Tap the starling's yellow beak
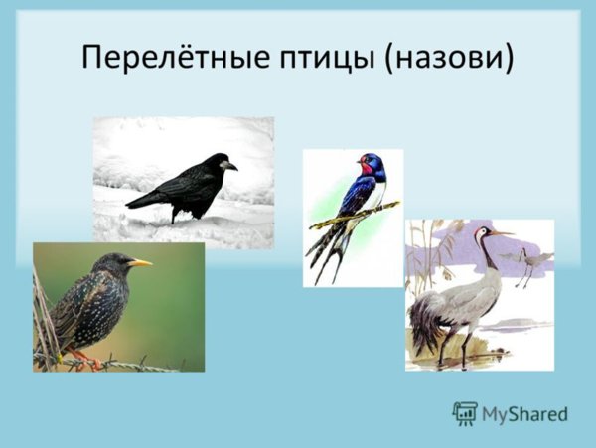click(140, 262)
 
